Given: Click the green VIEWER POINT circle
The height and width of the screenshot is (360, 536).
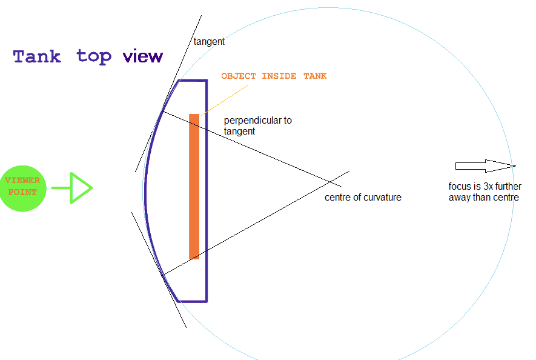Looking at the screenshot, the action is pyautogui.click(x=23, y=188).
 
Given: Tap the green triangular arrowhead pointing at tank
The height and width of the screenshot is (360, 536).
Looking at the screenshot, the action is pyautogui.click(x=81, y=188).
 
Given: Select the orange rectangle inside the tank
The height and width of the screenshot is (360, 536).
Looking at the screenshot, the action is pyautogui.click(x=194, y=187).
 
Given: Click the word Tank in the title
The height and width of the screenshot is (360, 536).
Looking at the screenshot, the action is pyautogui.click(x=37, y=56).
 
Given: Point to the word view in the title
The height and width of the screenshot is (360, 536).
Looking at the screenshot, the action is pyautogui.click(x=143, y=57).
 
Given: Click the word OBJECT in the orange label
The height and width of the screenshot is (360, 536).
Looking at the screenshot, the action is pyautogui.click(x=238, y=76).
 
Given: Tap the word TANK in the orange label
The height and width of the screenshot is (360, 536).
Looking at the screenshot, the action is pyautogui.click(x=315, y=76).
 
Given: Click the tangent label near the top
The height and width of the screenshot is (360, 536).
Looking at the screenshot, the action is pyautogui.click(x=209, y=42).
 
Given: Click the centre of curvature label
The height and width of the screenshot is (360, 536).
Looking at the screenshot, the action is pyautogui.click(x=363, y=198).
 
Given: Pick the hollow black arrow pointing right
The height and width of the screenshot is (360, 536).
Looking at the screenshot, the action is pyautogui.click(x=485, y=166).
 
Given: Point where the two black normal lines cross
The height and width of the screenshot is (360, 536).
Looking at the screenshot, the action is pyautogui.click(x=330, y=182).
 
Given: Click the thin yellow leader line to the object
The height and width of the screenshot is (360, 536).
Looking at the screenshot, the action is pyautogui.click(x=225, y=100).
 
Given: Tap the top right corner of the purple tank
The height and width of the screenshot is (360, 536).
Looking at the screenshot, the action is pyautogui.click(x=207, y=81).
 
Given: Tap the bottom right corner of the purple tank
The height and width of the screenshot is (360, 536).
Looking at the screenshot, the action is pyautogui.click(x=207, y=301).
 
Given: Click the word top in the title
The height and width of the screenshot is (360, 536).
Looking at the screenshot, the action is pyautogui.click(x=94, y=57).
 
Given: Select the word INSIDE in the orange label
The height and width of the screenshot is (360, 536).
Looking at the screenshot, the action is pyautogui.click(x=279, y=76).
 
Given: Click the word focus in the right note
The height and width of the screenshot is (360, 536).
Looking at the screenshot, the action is pyautogui.click(x=460, y=187).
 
